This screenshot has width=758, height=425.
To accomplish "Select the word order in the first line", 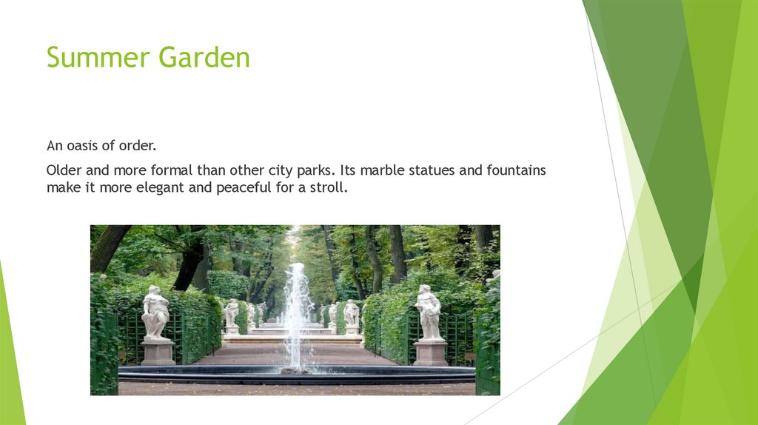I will coord(140,146).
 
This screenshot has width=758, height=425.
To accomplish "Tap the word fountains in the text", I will coord(516,170).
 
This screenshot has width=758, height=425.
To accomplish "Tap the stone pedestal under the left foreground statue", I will coord(158,352).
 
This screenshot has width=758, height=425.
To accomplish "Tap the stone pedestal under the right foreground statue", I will coord(431,352).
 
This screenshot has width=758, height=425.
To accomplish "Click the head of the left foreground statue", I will coord(154,291).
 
